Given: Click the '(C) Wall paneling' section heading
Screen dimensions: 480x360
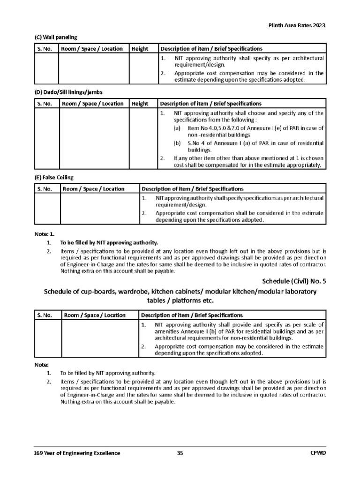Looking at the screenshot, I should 56,37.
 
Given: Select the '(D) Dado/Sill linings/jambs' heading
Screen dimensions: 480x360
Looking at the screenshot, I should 68,92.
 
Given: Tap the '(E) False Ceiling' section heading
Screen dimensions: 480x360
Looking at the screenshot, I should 54,177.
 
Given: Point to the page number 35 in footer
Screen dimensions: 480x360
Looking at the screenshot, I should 180,453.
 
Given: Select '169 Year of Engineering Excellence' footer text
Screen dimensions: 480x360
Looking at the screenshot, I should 77,453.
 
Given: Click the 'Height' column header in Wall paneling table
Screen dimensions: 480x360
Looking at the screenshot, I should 140,49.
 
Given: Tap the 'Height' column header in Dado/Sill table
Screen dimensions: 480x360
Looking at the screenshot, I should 140,104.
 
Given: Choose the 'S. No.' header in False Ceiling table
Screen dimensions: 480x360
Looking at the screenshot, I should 45,189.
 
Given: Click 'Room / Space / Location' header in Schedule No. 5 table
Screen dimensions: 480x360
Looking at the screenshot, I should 93,315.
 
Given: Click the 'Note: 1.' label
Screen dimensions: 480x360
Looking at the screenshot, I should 45,233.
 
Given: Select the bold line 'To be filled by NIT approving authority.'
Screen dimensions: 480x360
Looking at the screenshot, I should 109,243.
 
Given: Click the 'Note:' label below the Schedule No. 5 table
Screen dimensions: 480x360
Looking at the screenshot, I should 42,364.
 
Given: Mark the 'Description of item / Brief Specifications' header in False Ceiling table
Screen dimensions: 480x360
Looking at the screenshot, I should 193,189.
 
